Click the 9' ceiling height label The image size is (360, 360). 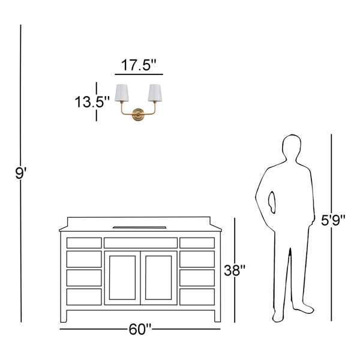22,174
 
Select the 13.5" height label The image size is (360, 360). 92,101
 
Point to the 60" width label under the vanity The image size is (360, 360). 140,329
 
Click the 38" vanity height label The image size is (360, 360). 235,271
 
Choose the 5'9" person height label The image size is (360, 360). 333,220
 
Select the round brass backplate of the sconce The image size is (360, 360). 139,115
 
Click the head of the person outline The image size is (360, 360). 291,147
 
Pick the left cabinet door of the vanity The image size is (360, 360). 122,277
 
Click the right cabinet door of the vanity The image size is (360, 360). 159,277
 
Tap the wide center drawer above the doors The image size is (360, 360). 140,243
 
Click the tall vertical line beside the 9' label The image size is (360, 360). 22,90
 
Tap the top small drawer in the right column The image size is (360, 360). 197,243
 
